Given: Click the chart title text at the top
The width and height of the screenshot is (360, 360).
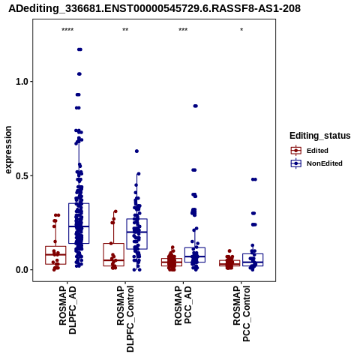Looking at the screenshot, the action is click(154, 8).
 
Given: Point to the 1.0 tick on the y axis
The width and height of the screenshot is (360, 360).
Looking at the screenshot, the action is click(22, 82).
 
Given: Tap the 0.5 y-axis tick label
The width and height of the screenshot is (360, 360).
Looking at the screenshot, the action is click(22, 175).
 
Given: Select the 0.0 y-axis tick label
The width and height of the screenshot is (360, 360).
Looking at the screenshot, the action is click(22, 270).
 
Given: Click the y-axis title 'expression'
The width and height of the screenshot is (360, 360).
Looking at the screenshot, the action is click(8, 150).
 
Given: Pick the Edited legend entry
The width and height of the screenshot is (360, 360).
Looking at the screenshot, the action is click(309, 151).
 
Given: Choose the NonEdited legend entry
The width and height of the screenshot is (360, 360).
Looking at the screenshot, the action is click(316, 163).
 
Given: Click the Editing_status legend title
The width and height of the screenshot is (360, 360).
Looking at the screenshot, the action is click(320, 136).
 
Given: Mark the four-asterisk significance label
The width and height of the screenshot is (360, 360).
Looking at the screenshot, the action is click(67, 30).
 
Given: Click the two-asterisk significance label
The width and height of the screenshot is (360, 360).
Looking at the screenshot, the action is click(125, 30).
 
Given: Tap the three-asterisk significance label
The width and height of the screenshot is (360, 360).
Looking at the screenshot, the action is click(183, 30).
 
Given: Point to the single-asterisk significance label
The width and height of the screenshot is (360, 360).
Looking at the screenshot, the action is click(241, 29).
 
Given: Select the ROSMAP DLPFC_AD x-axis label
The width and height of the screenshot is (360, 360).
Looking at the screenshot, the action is click(67, 310).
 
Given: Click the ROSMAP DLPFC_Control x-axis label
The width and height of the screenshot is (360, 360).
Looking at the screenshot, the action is click(125, 319).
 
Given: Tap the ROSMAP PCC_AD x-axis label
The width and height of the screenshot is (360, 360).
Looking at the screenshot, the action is click(183, 305).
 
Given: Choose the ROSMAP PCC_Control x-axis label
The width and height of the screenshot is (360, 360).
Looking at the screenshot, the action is click(241, 313).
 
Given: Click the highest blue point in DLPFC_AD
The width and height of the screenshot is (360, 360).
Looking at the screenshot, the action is click(79, 49).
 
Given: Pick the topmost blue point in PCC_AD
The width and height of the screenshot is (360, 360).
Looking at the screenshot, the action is click(196, 106).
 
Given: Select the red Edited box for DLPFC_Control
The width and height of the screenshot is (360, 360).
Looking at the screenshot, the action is click(114, 254).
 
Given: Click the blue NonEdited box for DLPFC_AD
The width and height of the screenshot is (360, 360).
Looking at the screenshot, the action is click(79, 223).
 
